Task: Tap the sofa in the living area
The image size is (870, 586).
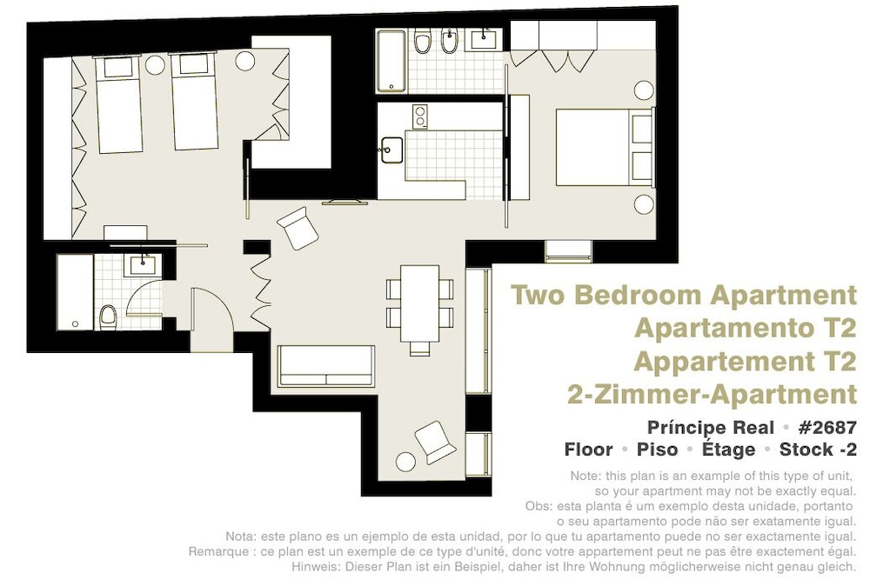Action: click(326, 366)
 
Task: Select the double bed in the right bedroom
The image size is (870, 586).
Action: click(605, 148)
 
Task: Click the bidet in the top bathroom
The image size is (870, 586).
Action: click(448, 41)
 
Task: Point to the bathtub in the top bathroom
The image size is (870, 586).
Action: click(391, 61)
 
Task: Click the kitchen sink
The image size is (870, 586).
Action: click(391, 150)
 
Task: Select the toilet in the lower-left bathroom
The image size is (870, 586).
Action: click(108, 317)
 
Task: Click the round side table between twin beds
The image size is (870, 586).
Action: click(154, 64)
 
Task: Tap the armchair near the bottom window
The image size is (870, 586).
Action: click(436, 442)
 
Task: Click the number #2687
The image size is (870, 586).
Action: click(827, 428)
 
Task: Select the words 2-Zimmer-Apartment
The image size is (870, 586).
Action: click(712, 395)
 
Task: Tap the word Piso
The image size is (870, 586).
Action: click(657, 449)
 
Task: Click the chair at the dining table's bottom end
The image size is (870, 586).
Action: click(419, 348)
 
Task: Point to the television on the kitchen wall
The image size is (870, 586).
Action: click(345, 203)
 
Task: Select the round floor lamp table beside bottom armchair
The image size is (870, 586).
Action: click(405, 462)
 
